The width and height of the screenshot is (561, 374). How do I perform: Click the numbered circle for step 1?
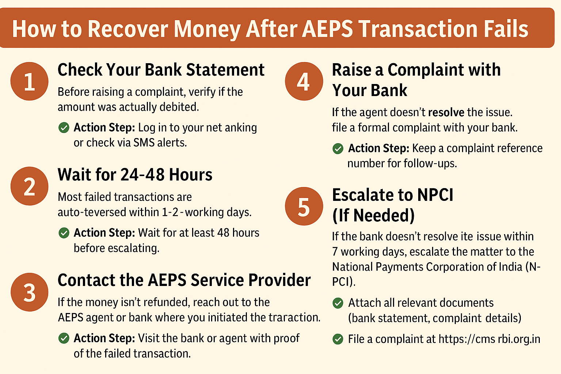point(30,81)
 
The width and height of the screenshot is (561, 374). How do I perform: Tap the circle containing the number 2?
point(30,186)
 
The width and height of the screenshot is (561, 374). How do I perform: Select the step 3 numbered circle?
point(30,292)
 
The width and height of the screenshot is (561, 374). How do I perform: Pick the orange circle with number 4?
point(304,81)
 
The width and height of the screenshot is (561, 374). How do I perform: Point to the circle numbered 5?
point(304,206)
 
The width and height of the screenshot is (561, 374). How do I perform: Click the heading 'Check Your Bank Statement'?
point(161,70)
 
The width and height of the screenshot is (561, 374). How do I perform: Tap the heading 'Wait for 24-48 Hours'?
point(135,175)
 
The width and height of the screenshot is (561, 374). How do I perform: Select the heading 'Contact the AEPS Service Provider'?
point(184,280)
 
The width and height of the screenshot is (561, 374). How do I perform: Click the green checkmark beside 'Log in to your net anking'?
point(64,127)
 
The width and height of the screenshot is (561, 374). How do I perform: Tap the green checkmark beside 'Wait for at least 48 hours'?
point(64,233)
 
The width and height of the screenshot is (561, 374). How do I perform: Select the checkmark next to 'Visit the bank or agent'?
point(64,338)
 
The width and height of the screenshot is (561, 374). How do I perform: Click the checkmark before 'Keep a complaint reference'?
point(338,148)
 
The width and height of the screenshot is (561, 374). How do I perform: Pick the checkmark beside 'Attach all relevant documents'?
point(338,303)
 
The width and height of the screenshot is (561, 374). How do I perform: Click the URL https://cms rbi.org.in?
point(489,339)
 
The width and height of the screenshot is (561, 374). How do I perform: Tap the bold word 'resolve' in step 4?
point(446,112)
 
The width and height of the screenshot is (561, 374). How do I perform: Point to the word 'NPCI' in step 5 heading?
point(435,195)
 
